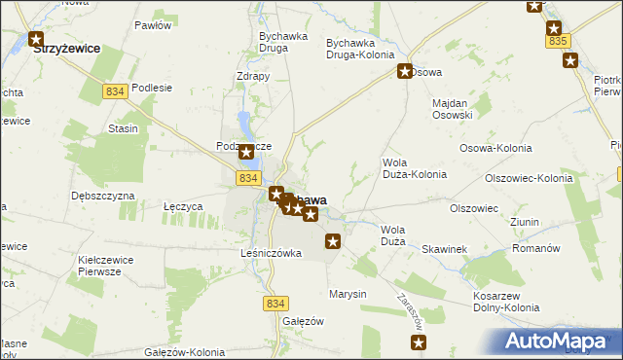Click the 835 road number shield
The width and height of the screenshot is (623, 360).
[558, 42]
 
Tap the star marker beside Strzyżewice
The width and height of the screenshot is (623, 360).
[36, 41]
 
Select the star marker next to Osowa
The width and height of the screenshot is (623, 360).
[405, 70]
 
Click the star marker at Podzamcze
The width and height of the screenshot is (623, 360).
[246, 152]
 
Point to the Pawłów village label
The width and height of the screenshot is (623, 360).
[153, 25]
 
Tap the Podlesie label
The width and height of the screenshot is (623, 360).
[152, 87]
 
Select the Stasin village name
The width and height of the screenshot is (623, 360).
[123, 128]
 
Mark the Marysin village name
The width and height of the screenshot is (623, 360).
[347, 293]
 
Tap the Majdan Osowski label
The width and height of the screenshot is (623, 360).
[451, 108]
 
